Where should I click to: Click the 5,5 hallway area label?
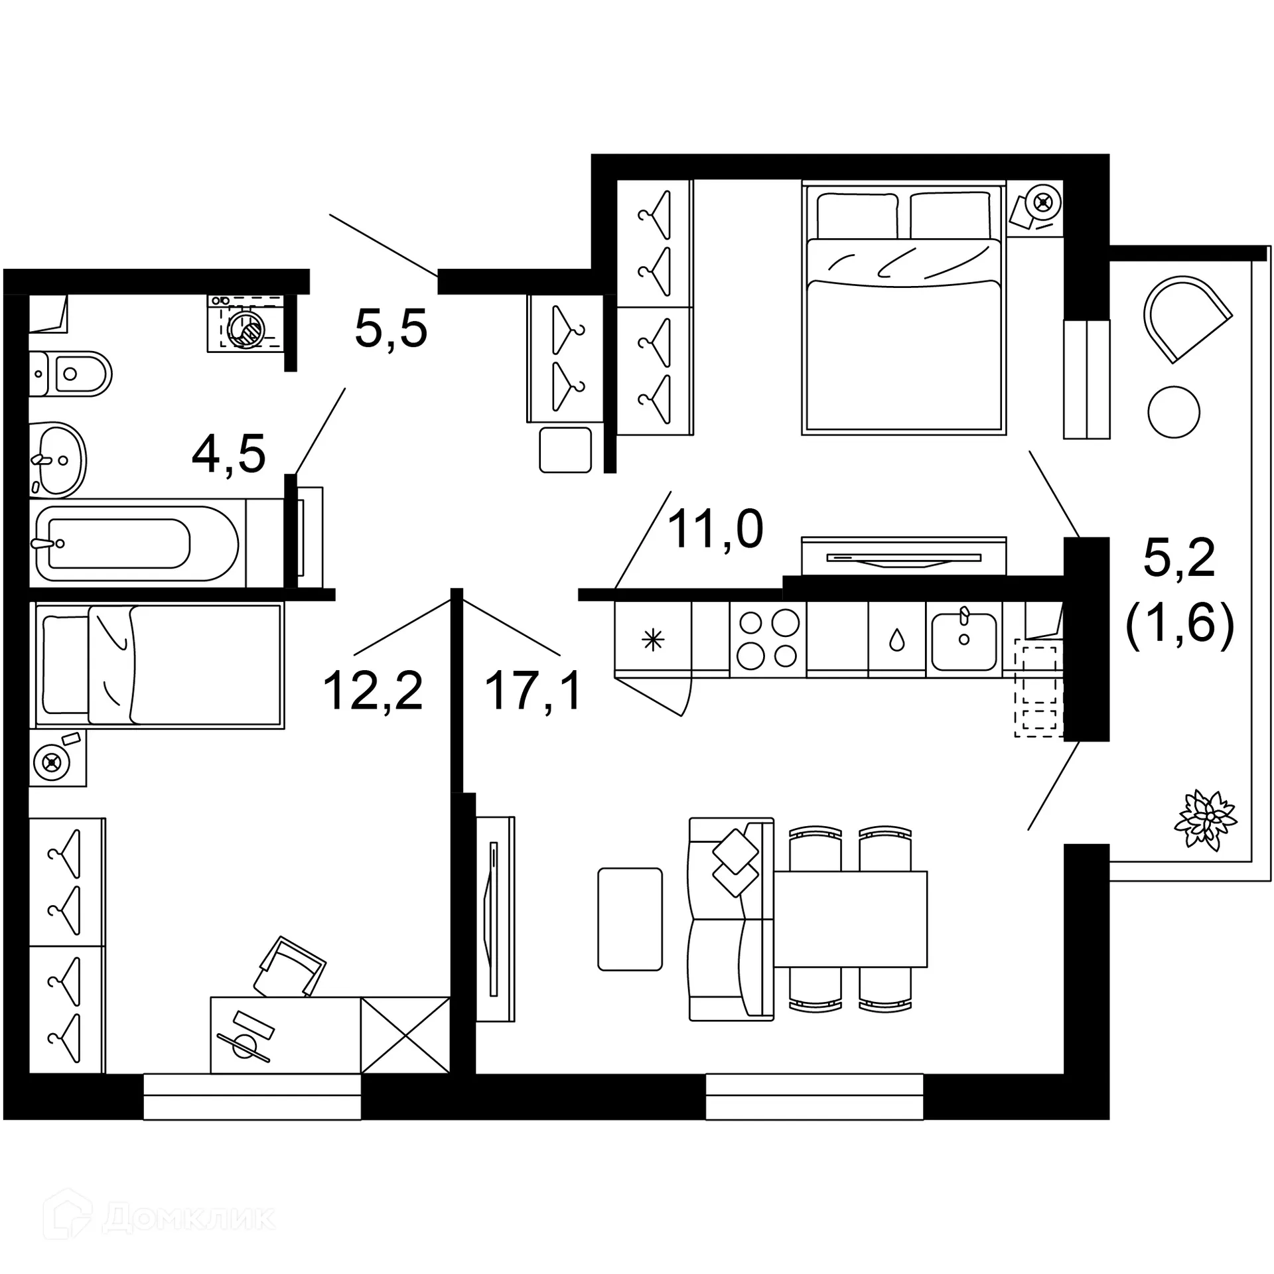point(391,329)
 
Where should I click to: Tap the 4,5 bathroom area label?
point(228,455)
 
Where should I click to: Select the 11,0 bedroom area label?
point(715,529)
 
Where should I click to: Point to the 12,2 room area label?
point(372,691)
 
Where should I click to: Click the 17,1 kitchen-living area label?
point(533,691)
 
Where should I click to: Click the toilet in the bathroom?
point(73,374)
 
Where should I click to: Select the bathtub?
point(136,543)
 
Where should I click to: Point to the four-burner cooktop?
point(768,640)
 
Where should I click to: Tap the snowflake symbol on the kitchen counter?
point(653,640)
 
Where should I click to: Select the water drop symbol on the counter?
point(896,640)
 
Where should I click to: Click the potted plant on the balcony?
point(1205,819)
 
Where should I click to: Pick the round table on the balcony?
point(1173,412)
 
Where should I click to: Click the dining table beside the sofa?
point(851,919)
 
